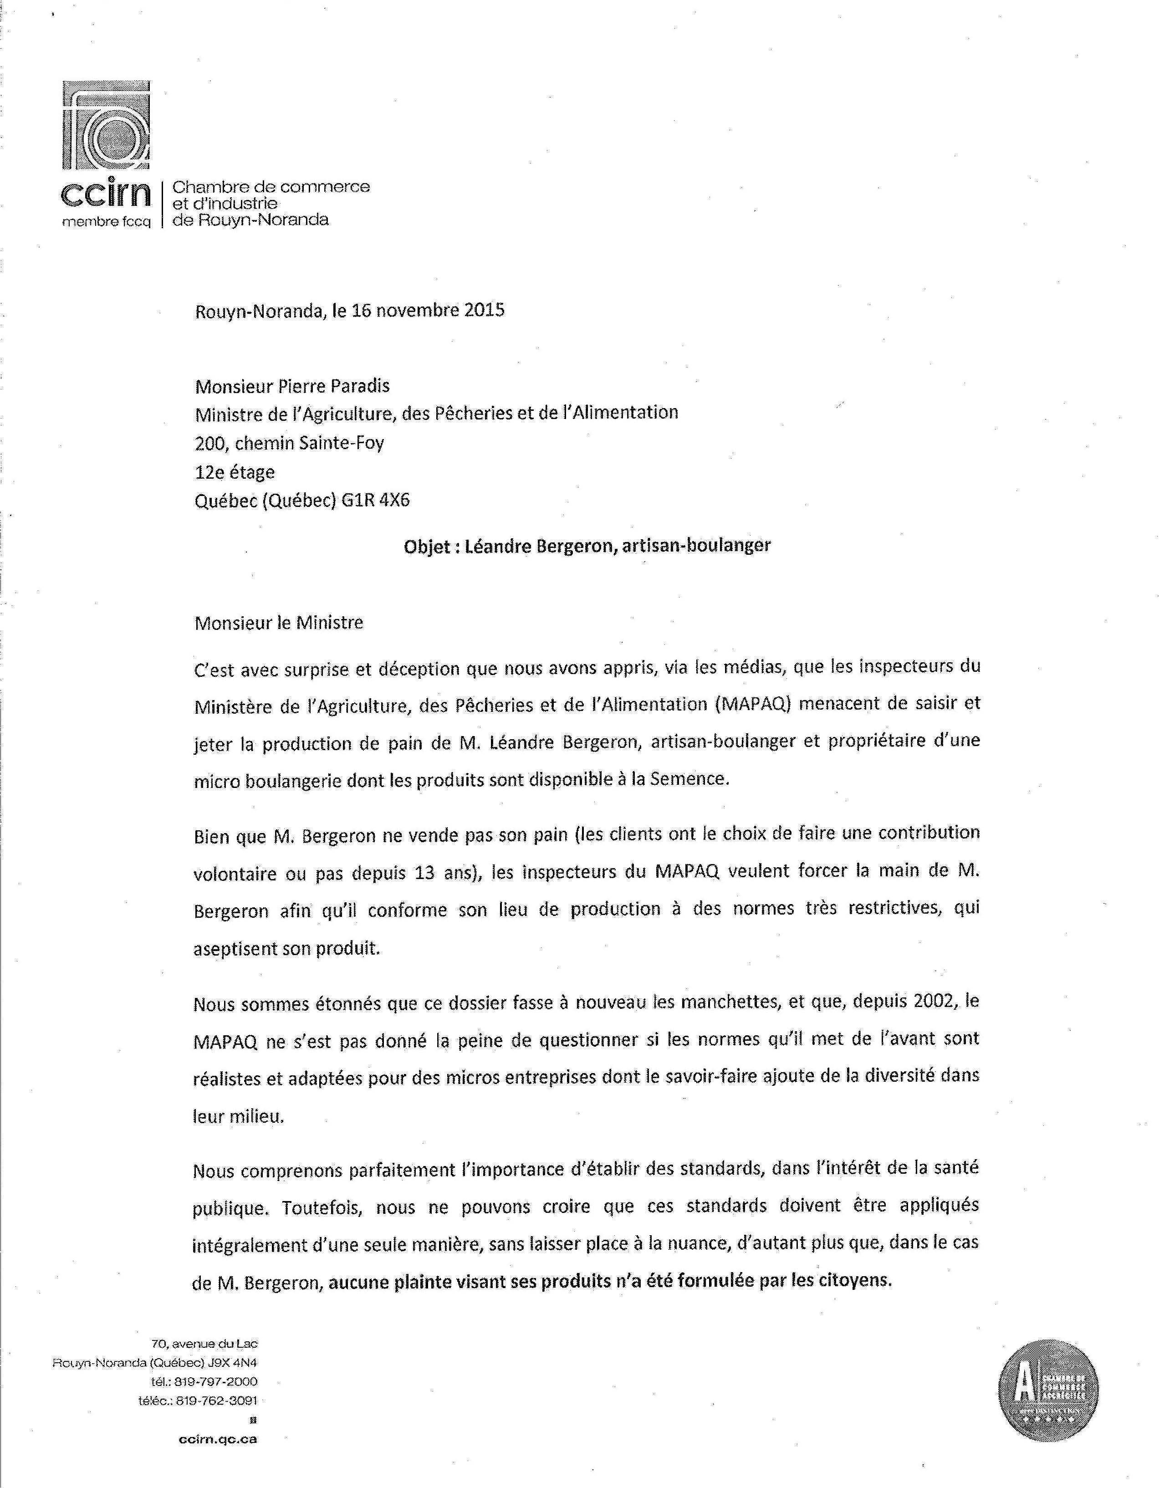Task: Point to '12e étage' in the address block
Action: click(235, 472)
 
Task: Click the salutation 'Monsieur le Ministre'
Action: click(279, 623)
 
